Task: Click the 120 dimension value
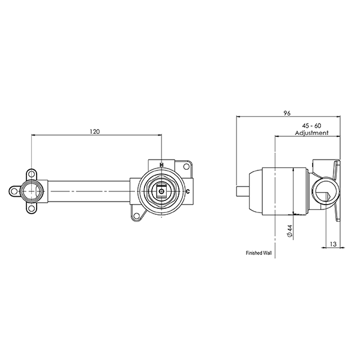coord(95,130)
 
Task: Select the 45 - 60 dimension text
coord(311,125)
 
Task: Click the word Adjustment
coord(311,133)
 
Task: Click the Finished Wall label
coord(259,253)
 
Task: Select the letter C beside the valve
coord(188,192)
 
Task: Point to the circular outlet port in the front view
coord(31,193)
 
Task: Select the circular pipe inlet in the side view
coord(319,193)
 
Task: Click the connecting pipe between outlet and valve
coord(87,193)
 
